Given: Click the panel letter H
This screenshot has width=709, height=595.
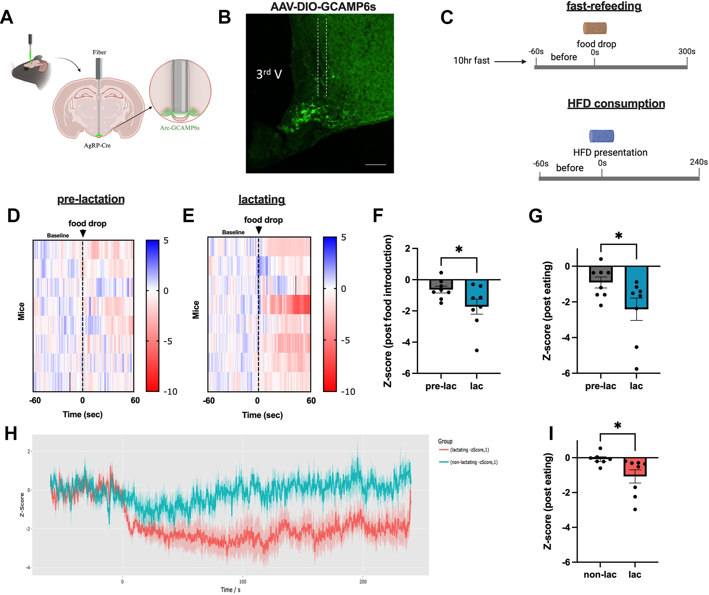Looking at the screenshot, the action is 11,434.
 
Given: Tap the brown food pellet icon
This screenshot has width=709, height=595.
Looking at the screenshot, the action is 595,28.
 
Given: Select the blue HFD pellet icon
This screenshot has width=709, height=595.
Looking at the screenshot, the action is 602,136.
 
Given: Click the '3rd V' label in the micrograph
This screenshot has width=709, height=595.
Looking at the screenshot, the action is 269,74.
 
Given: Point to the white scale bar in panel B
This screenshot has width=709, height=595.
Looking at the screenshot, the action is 375,165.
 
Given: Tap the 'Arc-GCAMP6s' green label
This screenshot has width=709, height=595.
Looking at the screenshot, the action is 180,128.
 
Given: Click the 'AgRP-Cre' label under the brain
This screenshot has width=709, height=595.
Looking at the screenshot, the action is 97,145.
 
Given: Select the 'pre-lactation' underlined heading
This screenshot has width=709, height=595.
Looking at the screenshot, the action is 91,199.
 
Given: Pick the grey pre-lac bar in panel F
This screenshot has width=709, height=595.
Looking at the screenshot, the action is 441,284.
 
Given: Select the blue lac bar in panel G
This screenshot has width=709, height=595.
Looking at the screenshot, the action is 636,287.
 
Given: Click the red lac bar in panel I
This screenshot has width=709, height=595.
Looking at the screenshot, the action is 635,467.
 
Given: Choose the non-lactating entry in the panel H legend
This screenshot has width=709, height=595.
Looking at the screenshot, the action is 468,462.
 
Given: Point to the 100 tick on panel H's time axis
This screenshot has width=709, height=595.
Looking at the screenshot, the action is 242,582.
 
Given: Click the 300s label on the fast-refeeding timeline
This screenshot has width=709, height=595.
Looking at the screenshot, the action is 687,51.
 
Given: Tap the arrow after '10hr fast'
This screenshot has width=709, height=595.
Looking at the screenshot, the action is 510,62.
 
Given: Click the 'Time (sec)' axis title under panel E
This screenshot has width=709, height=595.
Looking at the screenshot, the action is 262,415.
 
